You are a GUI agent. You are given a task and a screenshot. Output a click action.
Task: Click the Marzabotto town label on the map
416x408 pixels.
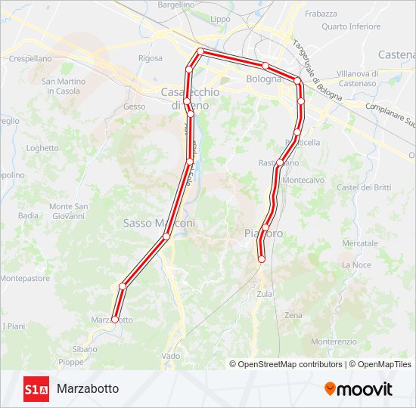(x=112, y=320)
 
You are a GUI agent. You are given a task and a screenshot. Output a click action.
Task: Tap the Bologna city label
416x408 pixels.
(x=263, y=79)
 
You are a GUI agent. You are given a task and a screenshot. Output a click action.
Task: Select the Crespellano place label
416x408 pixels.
(x=29, y=58)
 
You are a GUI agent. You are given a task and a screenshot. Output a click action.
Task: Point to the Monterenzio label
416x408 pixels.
(x=334, y=342)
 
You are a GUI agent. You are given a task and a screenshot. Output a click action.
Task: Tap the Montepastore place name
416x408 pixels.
(x=25, y=278)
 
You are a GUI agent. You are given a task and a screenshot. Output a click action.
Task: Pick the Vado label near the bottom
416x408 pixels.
(x=171, y=356)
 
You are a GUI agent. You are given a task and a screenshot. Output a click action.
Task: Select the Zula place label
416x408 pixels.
(x=265, y=294)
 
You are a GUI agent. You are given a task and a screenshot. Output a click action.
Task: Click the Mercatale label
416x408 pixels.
(x=359, y=244)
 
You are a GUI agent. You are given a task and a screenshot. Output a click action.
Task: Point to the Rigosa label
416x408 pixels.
(x=150, y=58)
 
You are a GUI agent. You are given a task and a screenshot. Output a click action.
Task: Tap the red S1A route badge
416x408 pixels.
(x=36, y=389)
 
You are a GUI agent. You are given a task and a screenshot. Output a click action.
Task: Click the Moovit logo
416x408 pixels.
(x=359, y=389)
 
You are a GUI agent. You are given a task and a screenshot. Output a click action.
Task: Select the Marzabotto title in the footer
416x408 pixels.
(x=88, y=389)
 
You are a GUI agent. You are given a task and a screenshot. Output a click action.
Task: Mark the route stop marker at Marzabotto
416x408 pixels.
(x=115, y=320)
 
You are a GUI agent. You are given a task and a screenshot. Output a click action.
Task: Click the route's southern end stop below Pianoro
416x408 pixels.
(x=262, y=259)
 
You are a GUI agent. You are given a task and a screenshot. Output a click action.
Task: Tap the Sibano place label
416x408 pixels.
(x=85, y=349)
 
